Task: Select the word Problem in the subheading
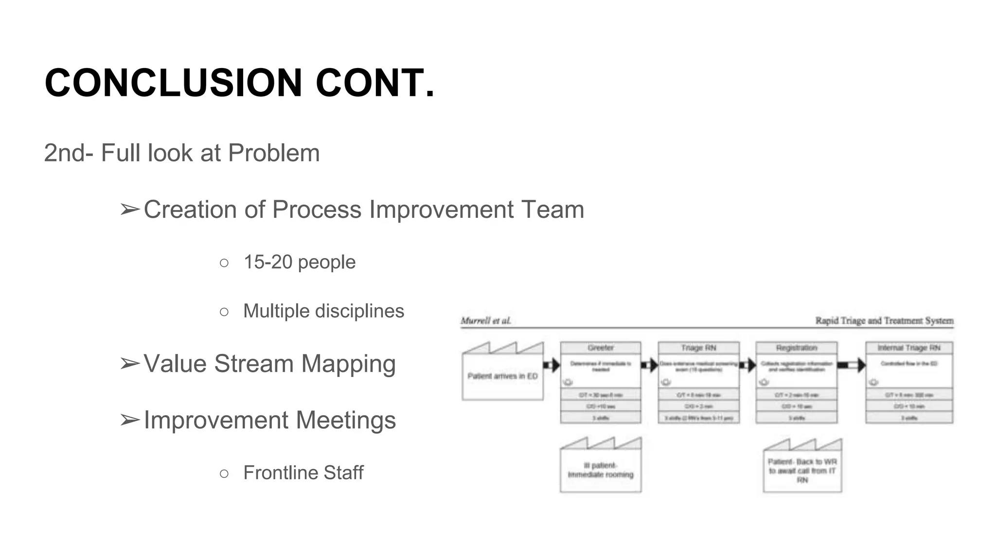(x=274, y=153)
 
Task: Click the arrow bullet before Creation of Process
(x=130, y=210)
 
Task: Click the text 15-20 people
(x=300, y=262)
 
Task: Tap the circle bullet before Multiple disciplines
(x=224, y=312)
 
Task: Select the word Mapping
(x=349, y=364)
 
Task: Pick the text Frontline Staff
(x=303, y=473)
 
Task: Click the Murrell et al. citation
(x=485, y=321)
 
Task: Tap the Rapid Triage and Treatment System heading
(x=884, y=321)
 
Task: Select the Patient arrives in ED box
(x=502, y=376)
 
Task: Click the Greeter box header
(x=601, y=348)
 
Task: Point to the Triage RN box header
(x=698, y=348)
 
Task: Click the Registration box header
(x=796, y=348)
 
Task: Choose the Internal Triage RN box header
(x=909, y=348)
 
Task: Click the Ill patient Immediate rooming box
(x=601, y=470)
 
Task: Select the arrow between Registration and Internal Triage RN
(x=852, y=365)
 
